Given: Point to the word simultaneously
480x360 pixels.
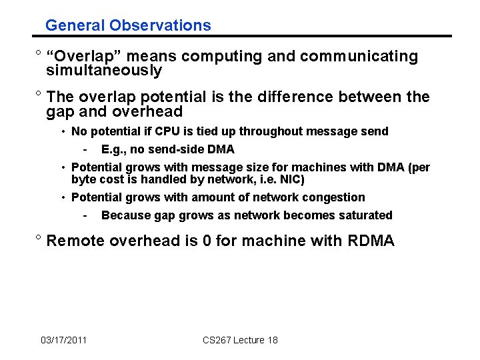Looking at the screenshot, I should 104,71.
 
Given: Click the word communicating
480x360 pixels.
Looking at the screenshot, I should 359,57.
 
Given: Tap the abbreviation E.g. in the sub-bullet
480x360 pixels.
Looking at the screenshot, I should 114,149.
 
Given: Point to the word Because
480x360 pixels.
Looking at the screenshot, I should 124,215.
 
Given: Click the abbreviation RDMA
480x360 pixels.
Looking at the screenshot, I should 371,241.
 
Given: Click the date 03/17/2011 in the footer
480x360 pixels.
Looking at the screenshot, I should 63,340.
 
